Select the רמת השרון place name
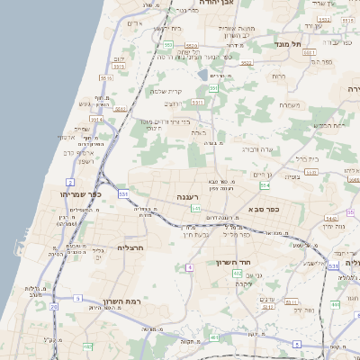tap(117, 293)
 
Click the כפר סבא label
tap(264, 211)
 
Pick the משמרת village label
tap(290, 105)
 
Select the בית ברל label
tap(308, 157)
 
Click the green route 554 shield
tap(265, 185)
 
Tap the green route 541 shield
tap(195, 208)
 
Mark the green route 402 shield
tap(237, 273)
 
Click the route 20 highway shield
tap(53, 308)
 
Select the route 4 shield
tap(189, 267)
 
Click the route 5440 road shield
tap(330, 218)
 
